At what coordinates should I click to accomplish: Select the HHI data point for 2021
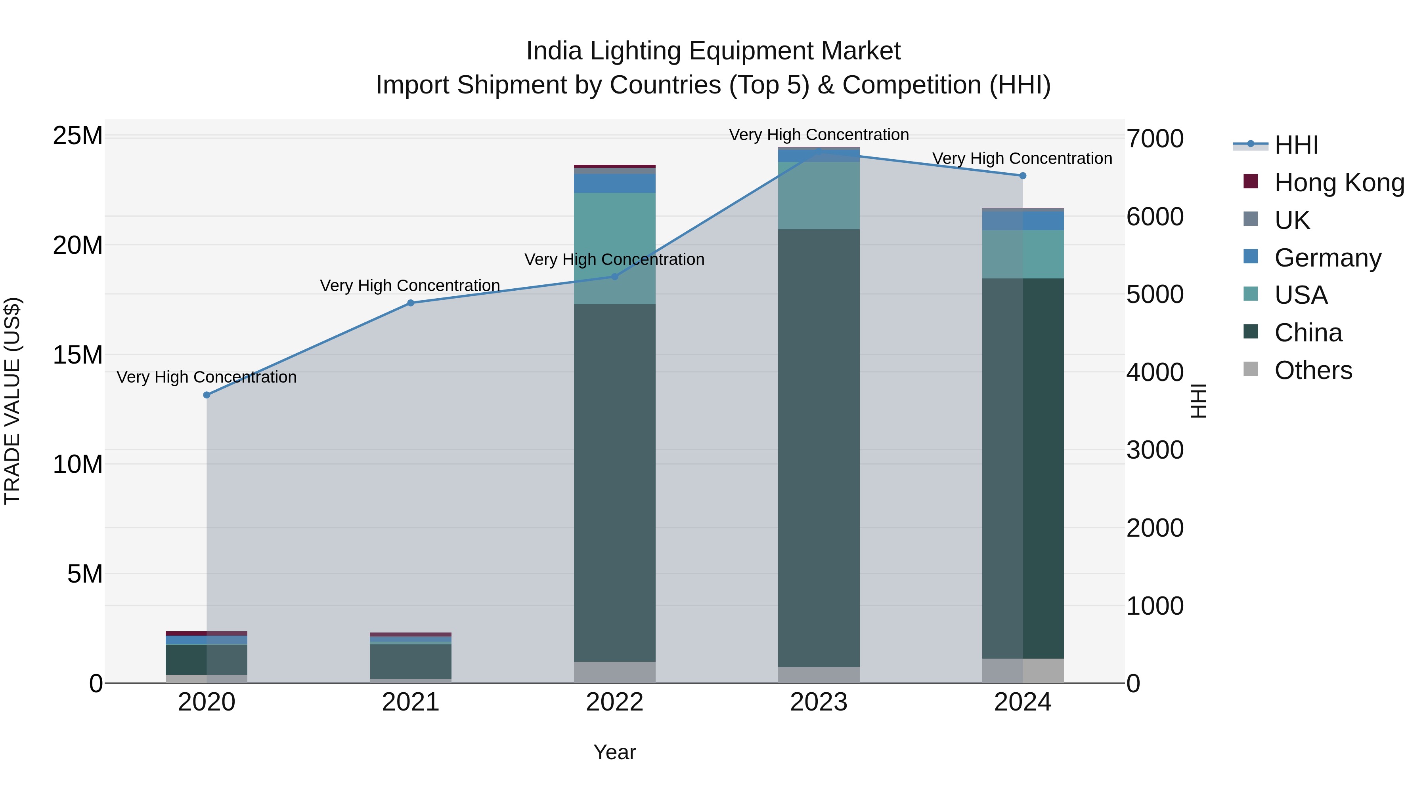pyautogui.click(x=411, y=303)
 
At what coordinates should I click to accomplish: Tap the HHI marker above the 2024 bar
pyautogui.click(x=1023, y=175)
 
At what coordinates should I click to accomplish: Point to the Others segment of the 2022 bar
pyautogui.click(x=614, y=672)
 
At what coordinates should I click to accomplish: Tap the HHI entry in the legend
pyautogui.click(x=1296, y=145)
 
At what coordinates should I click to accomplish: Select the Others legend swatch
pyautogui.click(x=1251, y=369)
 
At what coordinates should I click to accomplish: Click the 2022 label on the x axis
pyautogui.click(x=614, y=702)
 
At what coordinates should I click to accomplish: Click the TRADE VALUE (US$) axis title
pyautogui.click(x=12, y=401)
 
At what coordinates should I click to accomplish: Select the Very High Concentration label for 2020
pyautogui.click(x=207, y=377)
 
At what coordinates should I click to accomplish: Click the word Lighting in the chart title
pyautogui.click(x=637, y=51)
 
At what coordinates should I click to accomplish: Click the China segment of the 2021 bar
pyautogui.click(x=411, y=661)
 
